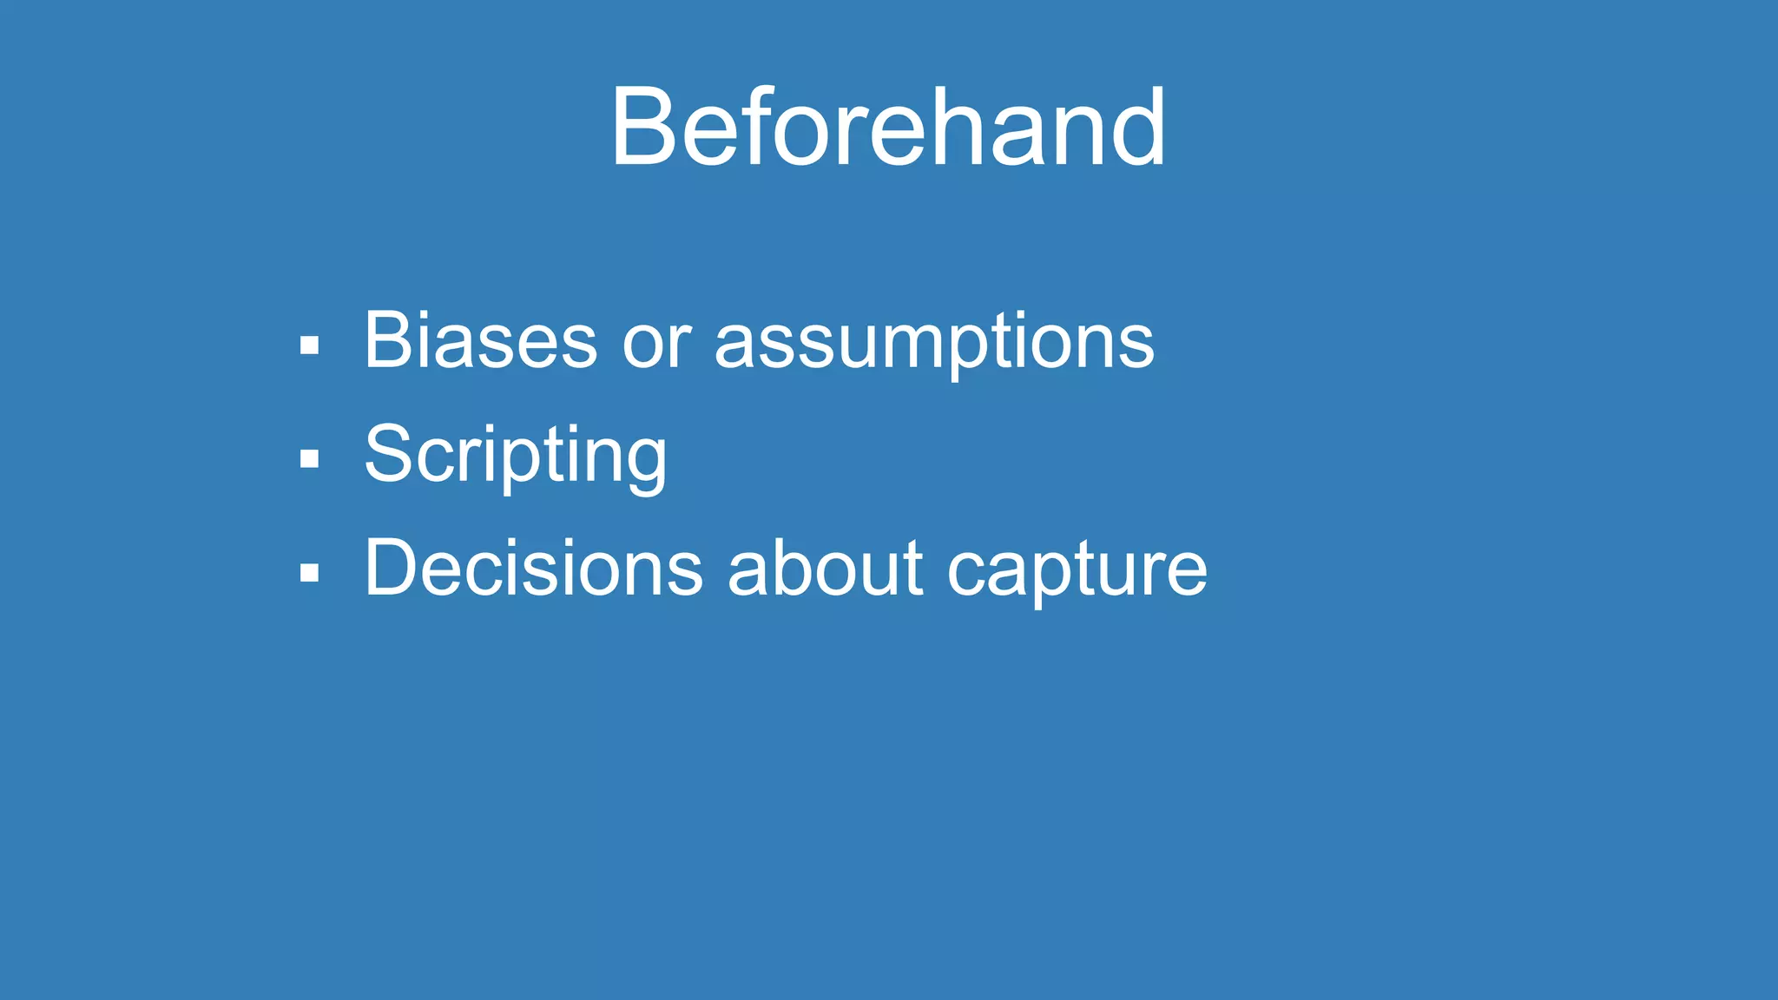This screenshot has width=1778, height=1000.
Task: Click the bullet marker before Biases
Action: click(x=309, y=345)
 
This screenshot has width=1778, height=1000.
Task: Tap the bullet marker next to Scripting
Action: click(x=309, y=458)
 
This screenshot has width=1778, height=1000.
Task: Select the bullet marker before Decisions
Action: click(x=309, y=572)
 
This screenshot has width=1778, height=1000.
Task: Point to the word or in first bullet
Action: click(x=656, y=346)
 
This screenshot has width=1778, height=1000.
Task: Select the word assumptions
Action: click(x=934, y=346)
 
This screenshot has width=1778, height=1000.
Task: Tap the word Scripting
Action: click(x=516, y=455)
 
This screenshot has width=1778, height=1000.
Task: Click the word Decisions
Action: click(x=533, y=569)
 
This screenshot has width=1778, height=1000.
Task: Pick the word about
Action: click(x=825, y=569)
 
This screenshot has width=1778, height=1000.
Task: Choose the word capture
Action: click(x=1077, y=573)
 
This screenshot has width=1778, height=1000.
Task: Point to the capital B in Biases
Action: click(x=387, y=340)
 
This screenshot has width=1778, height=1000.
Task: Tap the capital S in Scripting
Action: click(x=387, y=455)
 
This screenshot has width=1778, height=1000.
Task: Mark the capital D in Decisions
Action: click(x=391, y=569)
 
